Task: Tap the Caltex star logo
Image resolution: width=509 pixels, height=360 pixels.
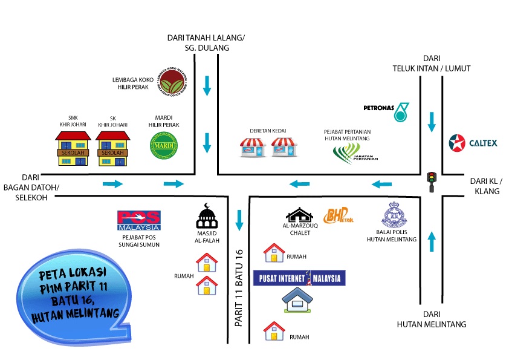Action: click(456, 143)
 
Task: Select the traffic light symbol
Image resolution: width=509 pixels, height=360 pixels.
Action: click(431, 181)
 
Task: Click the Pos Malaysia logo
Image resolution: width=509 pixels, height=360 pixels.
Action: click(139, 221)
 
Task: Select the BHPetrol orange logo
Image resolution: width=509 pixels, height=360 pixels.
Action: click(338, 215)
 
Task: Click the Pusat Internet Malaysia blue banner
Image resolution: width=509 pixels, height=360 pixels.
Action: click(299, 278)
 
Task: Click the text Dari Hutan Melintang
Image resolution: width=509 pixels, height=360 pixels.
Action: click(432, 319)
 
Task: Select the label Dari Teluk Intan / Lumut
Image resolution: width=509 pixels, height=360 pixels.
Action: click(431, 64)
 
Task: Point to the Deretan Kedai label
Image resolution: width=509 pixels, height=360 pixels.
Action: click(268, 131)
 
